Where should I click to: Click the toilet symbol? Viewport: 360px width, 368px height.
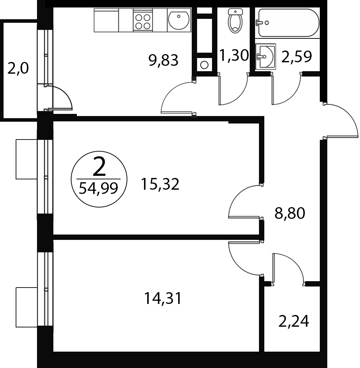click(x=235, y=21)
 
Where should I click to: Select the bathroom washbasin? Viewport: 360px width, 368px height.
click(x=265, y=56)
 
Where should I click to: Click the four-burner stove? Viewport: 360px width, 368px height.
click(x=143, y=20)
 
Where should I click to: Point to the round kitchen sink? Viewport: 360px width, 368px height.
click(x=179, y=20)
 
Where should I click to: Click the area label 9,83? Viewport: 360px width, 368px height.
click(x=164, y=60)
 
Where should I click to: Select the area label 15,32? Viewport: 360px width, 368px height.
click(x=160, y=184)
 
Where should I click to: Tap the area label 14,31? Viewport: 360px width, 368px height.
click(x=163, y=298)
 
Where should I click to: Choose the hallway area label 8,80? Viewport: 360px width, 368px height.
click(x=290, y=213)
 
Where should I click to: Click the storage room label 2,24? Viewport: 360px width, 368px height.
click(x=293, y=321)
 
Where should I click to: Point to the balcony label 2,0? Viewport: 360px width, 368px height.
click(x=18, y=69)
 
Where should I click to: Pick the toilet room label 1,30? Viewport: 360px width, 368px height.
click(x=234, y=56)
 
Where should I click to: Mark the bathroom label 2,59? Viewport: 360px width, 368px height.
click(x=296, y=57)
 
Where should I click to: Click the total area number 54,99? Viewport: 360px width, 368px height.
click(x=98, y=188)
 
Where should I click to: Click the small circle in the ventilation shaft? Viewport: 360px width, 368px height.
click(x=204, y=65)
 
